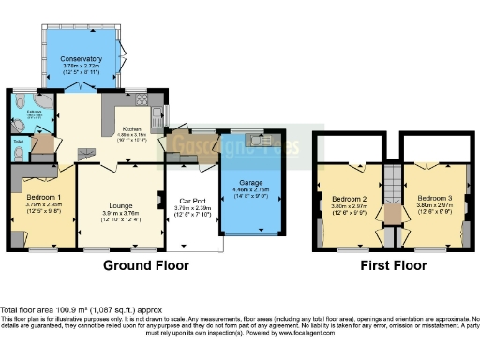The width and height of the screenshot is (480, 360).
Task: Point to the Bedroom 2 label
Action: [349, 199]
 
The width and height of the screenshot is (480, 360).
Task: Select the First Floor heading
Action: [394, 265]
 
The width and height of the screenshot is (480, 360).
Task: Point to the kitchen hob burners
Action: [142, 98]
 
